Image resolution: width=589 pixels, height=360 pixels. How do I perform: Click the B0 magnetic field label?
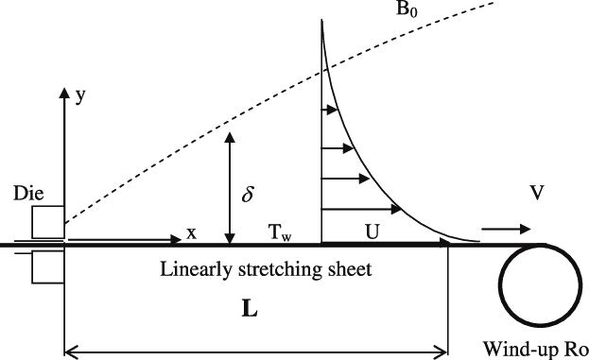tap(407, 9)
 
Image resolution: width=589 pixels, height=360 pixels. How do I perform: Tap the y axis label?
tap(80, 96)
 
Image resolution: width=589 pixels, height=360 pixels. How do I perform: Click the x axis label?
tap(192, 234)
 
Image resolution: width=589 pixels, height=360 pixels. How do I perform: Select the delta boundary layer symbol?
tap(248, 195)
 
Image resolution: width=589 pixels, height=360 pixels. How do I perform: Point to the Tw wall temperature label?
tap(280, 232)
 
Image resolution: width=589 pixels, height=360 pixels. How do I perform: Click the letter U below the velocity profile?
tap(372, 232)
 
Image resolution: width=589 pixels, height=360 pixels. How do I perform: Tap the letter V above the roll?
tap(537, 193)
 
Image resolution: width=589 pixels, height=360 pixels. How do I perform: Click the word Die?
tap(28, 194)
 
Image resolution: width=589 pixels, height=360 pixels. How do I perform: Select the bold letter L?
tap(250, 310)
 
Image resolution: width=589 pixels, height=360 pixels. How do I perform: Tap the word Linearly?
tap(197, 270)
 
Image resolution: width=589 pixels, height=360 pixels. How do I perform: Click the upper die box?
tap(47, 222)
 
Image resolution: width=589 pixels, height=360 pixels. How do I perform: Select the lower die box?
tap(47, 266)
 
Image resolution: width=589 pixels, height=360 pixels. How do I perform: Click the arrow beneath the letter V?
tap(506, 229)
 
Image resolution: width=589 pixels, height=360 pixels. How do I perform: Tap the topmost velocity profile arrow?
tap(330, 110)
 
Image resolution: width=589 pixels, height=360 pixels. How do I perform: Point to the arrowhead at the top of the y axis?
tap(64, 93)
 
